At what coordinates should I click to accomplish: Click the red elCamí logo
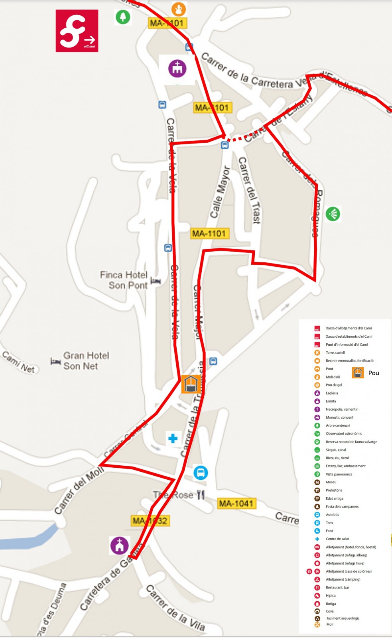[77, 31]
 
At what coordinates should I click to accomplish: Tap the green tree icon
[123, 17]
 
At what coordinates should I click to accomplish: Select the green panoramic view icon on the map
[333, 214]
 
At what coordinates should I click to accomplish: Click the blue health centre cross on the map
[173, 439]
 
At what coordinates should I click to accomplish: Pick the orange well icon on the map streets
[191, 384]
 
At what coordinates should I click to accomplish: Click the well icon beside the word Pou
[358, 373]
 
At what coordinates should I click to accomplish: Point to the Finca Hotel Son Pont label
[124, 280]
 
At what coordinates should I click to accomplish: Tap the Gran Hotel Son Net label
[86, 360]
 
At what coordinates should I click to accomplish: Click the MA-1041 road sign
[236, 504]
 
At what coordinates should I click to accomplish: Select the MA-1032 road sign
[150, 521]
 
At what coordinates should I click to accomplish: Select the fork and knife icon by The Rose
[201, 495]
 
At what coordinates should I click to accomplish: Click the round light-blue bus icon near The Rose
[201, 473]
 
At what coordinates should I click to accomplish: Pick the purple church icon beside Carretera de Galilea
[119, 545]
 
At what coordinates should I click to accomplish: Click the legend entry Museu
[331, 482]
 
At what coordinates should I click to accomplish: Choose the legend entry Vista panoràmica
[339, 474]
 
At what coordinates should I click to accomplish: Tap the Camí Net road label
[18, 362]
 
